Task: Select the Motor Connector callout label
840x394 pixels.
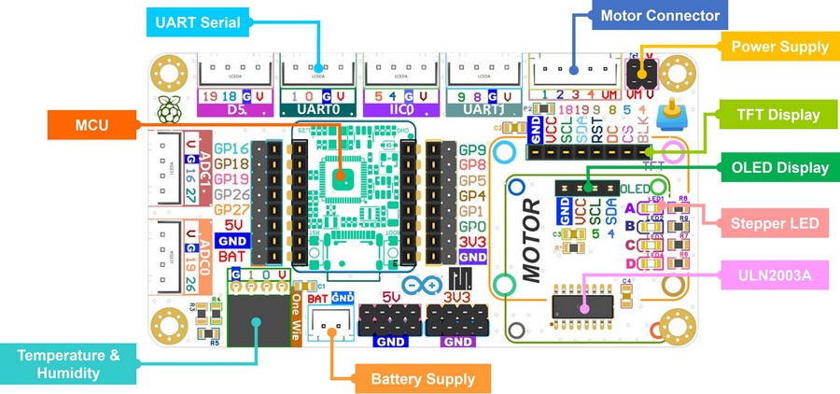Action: tap(660, 16)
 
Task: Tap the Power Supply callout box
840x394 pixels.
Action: tap(779, 46)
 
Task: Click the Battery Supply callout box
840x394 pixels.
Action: tap(423, 378)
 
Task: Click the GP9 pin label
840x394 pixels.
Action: tap(472, 149)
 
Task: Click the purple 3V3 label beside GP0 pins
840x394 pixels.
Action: tap(472, 240)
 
